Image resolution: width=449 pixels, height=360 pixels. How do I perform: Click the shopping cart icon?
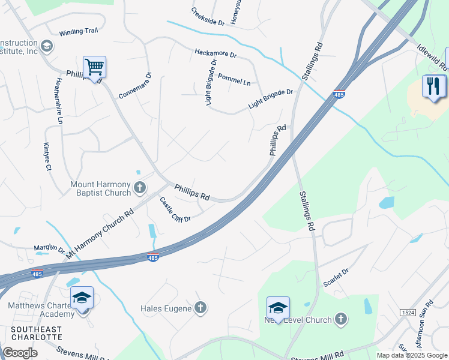(x=95, y=67)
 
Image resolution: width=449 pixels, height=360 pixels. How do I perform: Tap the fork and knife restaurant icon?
(x=433, y=86)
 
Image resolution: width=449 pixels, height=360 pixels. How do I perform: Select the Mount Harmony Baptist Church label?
(x=100, y=188)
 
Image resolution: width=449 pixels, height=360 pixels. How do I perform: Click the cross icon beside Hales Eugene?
(x=201, y=308)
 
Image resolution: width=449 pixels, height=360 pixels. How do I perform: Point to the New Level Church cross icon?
(x=341, y=319)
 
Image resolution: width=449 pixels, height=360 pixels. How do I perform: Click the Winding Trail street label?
(x=78, y=33)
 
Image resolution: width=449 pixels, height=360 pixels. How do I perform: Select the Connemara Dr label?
(x=135, y=86)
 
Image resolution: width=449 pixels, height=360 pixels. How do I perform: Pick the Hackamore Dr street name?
(x=216, y=53)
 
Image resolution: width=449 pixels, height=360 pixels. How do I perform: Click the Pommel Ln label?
(x=234, y=79)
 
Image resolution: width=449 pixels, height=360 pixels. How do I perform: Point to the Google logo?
(x=20, y=353)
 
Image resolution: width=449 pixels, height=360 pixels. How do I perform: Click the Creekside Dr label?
(x=208, y=17)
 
